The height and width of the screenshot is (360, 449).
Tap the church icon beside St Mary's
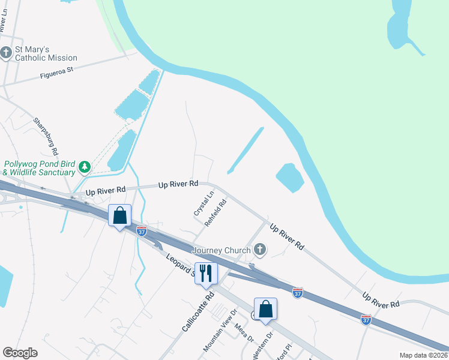[7, 53]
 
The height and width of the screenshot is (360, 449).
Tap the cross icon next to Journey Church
[260, 248]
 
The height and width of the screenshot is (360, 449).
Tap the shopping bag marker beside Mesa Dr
[265, 310]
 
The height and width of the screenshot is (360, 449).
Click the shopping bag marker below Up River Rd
[119, 215]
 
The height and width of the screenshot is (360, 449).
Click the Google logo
[20, 353]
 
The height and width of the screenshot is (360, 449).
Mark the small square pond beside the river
[290, 178]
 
